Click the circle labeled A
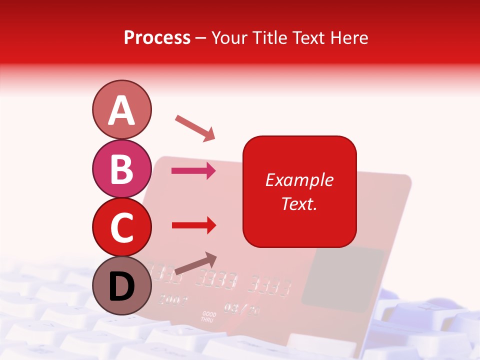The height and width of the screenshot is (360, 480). [x=121, y=109]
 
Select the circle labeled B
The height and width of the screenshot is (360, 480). [x=121, y=168]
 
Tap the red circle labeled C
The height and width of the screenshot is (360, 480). [x=121, y=227]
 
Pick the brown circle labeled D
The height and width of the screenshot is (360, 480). [x=121, y=285]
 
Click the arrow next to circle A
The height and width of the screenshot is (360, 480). [x=195, y=128]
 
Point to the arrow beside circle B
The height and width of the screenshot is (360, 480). [x=193, y=171]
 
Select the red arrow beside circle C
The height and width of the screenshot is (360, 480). [x=193, y=225]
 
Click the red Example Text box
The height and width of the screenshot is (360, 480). [x=299, y=191]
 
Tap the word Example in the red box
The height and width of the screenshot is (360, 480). [x=299, y=180]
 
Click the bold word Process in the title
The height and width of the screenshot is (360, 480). [x=157, y=37]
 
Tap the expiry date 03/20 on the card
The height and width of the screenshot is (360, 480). [x=242, y=308]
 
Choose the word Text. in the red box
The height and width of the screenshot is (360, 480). [x=299, y=203]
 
